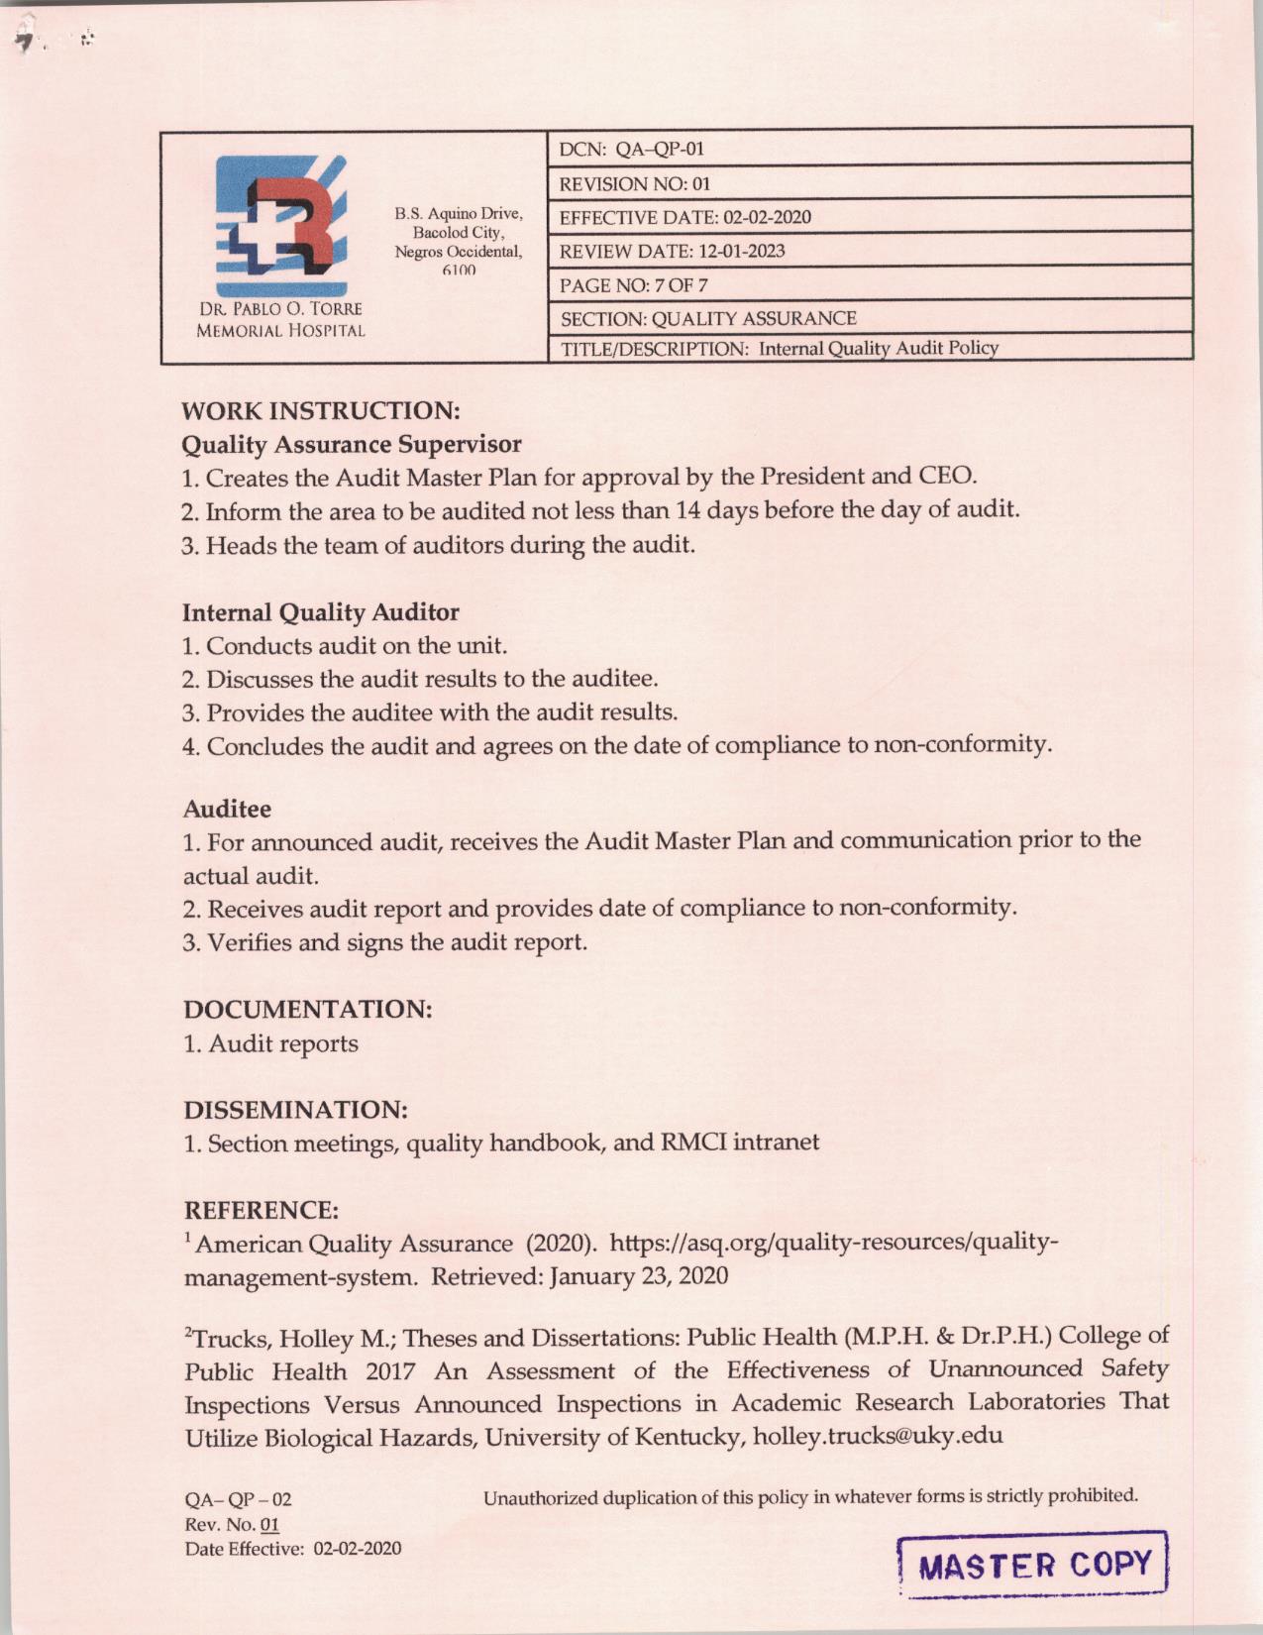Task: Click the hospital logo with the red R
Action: (x=280, y=223)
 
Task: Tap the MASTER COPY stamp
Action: (x=1035, y=1565)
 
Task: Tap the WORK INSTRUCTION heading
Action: (x=321, y=410)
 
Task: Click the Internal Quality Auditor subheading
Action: (x=321, y=612)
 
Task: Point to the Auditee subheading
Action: (x=227, y=809)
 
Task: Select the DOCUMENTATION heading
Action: (x=308, y=1010)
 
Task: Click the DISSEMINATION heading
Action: (x=296, y=1109)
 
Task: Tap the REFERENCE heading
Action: (x=262, y=1210)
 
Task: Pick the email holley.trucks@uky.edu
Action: (x=878, y=1435)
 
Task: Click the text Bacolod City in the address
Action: (x=459, y=233)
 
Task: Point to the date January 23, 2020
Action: (x=639, y=1275)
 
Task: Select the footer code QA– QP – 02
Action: (x=238, y=1499)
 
